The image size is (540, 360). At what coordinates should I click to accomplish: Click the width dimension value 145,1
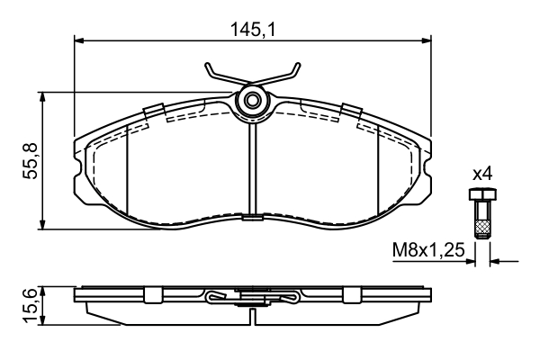coord(252,29)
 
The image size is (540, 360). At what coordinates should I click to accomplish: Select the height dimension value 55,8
coord(30,160)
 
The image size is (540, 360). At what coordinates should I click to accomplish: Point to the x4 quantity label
coord(481,172)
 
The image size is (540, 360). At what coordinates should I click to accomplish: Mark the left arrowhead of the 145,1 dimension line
coord(79,40)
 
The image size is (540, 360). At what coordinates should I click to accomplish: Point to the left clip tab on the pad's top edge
coord(153,111)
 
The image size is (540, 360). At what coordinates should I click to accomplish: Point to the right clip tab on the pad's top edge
coord(351,111)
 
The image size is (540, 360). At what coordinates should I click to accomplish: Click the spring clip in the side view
coord(252,298)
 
